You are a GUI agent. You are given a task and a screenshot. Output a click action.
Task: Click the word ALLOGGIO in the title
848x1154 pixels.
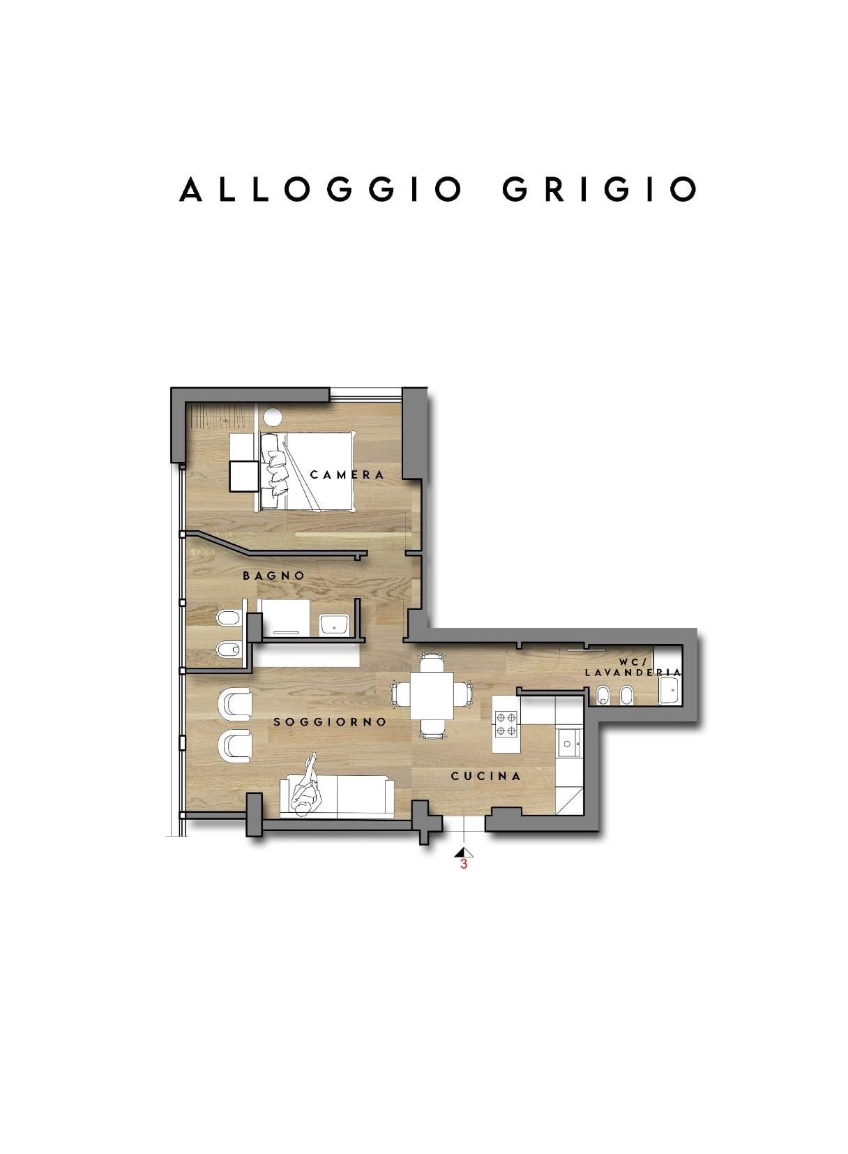pyautogui.click(x=319, y=189)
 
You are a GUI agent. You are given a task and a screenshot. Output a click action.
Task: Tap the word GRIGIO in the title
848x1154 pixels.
pyautogui.click(x=599, y=189)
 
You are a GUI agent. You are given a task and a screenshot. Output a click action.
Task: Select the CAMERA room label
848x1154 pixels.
pyautogui.click(x=347, y=474)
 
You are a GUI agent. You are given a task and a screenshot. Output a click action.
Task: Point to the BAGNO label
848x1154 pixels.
pyautogui.click(x=274, y=576)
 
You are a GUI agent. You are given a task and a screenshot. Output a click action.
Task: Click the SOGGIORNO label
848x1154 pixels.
pyautogui.click(x=330, y=721)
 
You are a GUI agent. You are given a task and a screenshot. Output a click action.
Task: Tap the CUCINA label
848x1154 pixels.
pyautogui.click(x=485, y=776)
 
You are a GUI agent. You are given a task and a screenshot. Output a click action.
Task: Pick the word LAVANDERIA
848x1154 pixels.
pyautogui.click(x=633, y=673)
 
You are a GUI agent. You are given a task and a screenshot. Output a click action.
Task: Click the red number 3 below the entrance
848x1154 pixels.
pyautogui.click(x=463, y=864)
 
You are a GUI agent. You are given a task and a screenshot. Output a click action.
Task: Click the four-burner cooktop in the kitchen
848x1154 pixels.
pyautogui.click(x=506, y=724)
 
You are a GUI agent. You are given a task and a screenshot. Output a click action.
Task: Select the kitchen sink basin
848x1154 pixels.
pyautogui.click(x=570, y=744)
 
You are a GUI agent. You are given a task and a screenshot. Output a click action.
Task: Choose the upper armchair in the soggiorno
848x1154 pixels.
pyautogui.click(x=235, y=704)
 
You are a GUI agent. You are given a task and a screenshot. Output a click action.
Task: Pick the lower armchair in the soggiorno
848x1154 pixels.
pyautogui.click(x=235, y=748)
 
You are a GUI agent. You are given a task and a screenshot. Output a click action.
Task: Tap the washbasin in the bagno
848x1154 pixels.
pyautogui.click(x=333, y=625)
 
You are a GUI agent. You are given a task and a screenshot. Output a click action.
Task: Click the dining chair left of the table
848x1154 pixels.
pyautogui.click(x=400, y=694)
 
